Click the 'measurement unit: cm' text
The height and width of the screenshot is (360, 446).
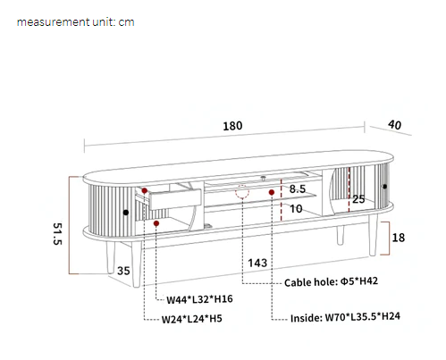75,21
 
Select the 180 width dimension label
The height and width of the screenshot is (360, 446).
232,126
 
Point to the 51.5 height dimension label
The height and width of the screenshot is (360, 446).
55,235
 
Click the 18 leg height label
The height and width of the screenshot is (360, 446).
399,238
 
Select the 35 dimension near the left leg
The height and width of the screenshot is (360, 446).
123,271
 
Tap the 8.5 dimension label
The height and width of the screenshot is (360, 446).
298,189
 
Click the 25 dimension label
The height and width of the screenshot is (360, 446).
358,199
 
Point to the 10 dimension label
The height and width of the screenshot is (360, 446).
298,209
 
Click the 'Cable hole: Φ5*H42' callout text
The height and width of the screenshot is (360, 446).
331,281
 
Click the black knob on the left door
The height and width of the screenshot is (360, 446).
125,212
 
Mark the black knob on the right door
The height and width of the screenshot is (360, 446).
386,188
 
